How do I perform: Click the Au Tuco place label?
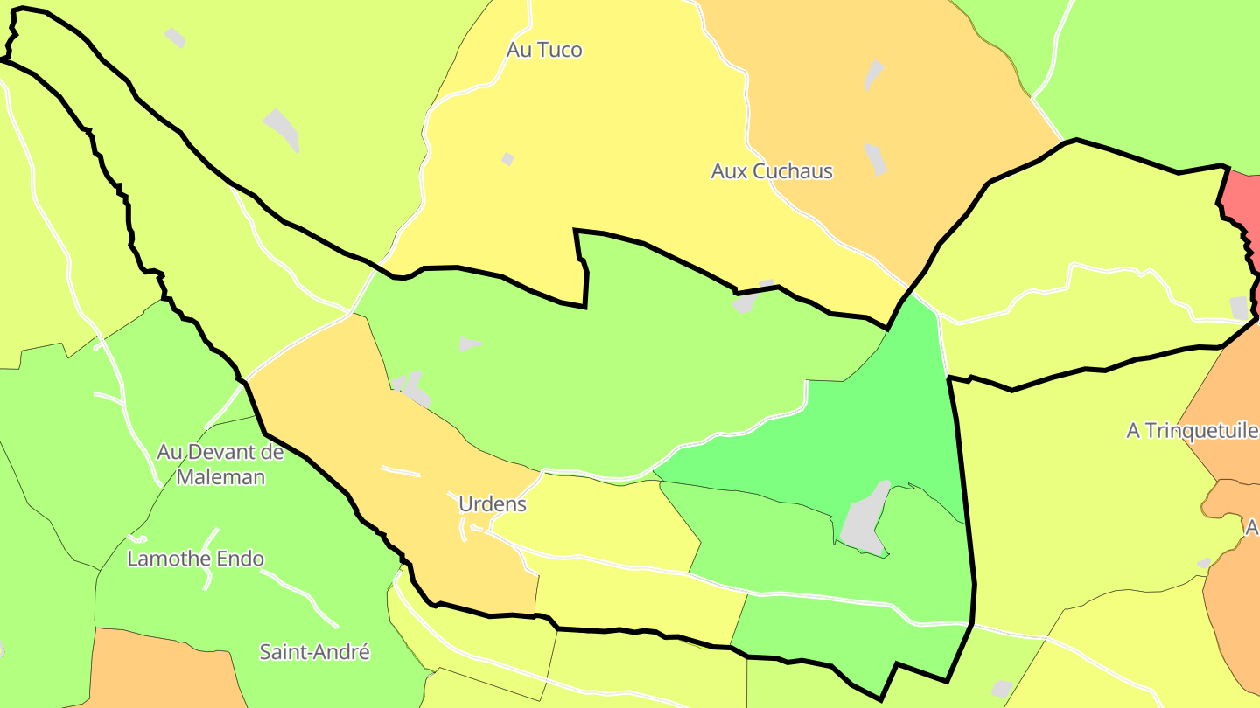544,50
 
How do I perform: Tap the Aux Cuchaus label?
772,171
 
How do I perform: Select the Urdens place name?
493,504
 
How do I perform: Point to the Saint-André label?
315,652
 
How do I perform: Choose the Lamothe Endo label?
196,559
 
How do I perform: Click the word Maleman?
220,477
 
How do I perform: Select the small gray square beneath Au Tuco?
507,159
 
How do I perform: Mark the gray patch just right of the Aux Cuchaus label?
876,159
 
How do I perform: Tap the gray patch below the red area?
1239,308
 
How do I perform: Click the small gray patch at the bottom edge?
1002,689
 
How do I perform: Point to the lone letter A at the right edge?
1252,528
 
